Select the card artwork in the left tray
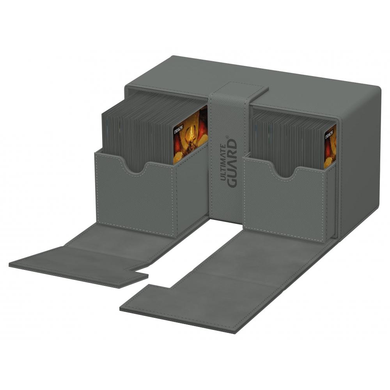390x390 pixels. coord(190,136)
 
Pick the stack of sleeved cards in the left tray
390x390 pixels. coord(136,133)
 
